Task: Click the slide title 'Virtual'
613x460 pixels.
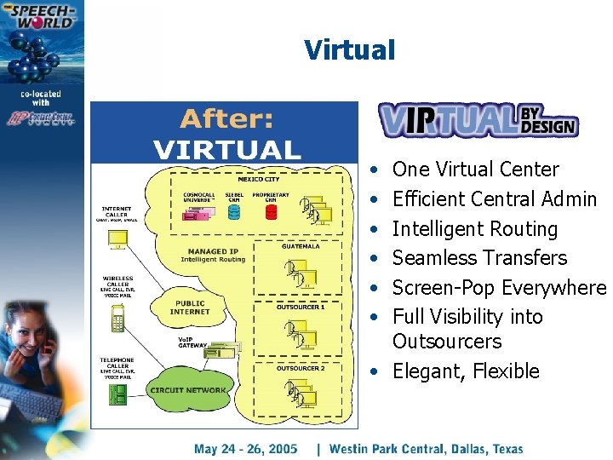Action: coord(350,49)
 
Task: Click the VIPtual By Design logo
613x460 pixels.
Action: coord(478,120)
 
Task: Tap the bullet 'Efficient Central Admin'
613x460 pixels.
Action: coord(494,199)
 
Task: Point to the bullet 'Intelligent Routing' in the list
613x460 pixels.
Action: coord(474,229)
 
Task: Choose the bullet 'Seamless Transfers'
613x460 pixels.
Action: coord(479,258)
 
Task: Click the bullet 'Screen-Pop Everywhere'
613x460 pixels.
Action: coord(498,288)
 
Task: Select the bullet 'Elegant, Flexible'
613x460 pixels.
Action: coord(466,371)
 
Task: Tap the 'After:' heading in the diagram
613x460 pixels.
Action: coord(226,118)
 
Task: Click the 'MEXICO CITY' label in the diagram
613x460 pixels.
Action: coord(258,180)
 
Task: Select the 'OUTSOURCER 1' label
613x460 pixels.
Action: coord(300,307)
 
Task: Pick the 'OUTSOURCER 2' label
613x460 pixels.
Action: coord(300,368)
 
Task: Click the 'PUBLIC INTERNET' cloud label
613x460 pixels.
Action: coord(190,307)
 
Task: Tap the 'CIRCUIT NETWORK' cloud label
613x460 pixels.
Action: coord(188,390)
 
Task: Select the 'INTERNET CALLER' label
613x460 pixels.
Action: coord(116,211)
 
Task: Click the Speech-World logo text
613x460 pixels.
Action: coord(41,18)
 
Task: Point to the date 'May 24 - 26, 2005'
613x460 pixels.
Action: coord(246,448)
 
